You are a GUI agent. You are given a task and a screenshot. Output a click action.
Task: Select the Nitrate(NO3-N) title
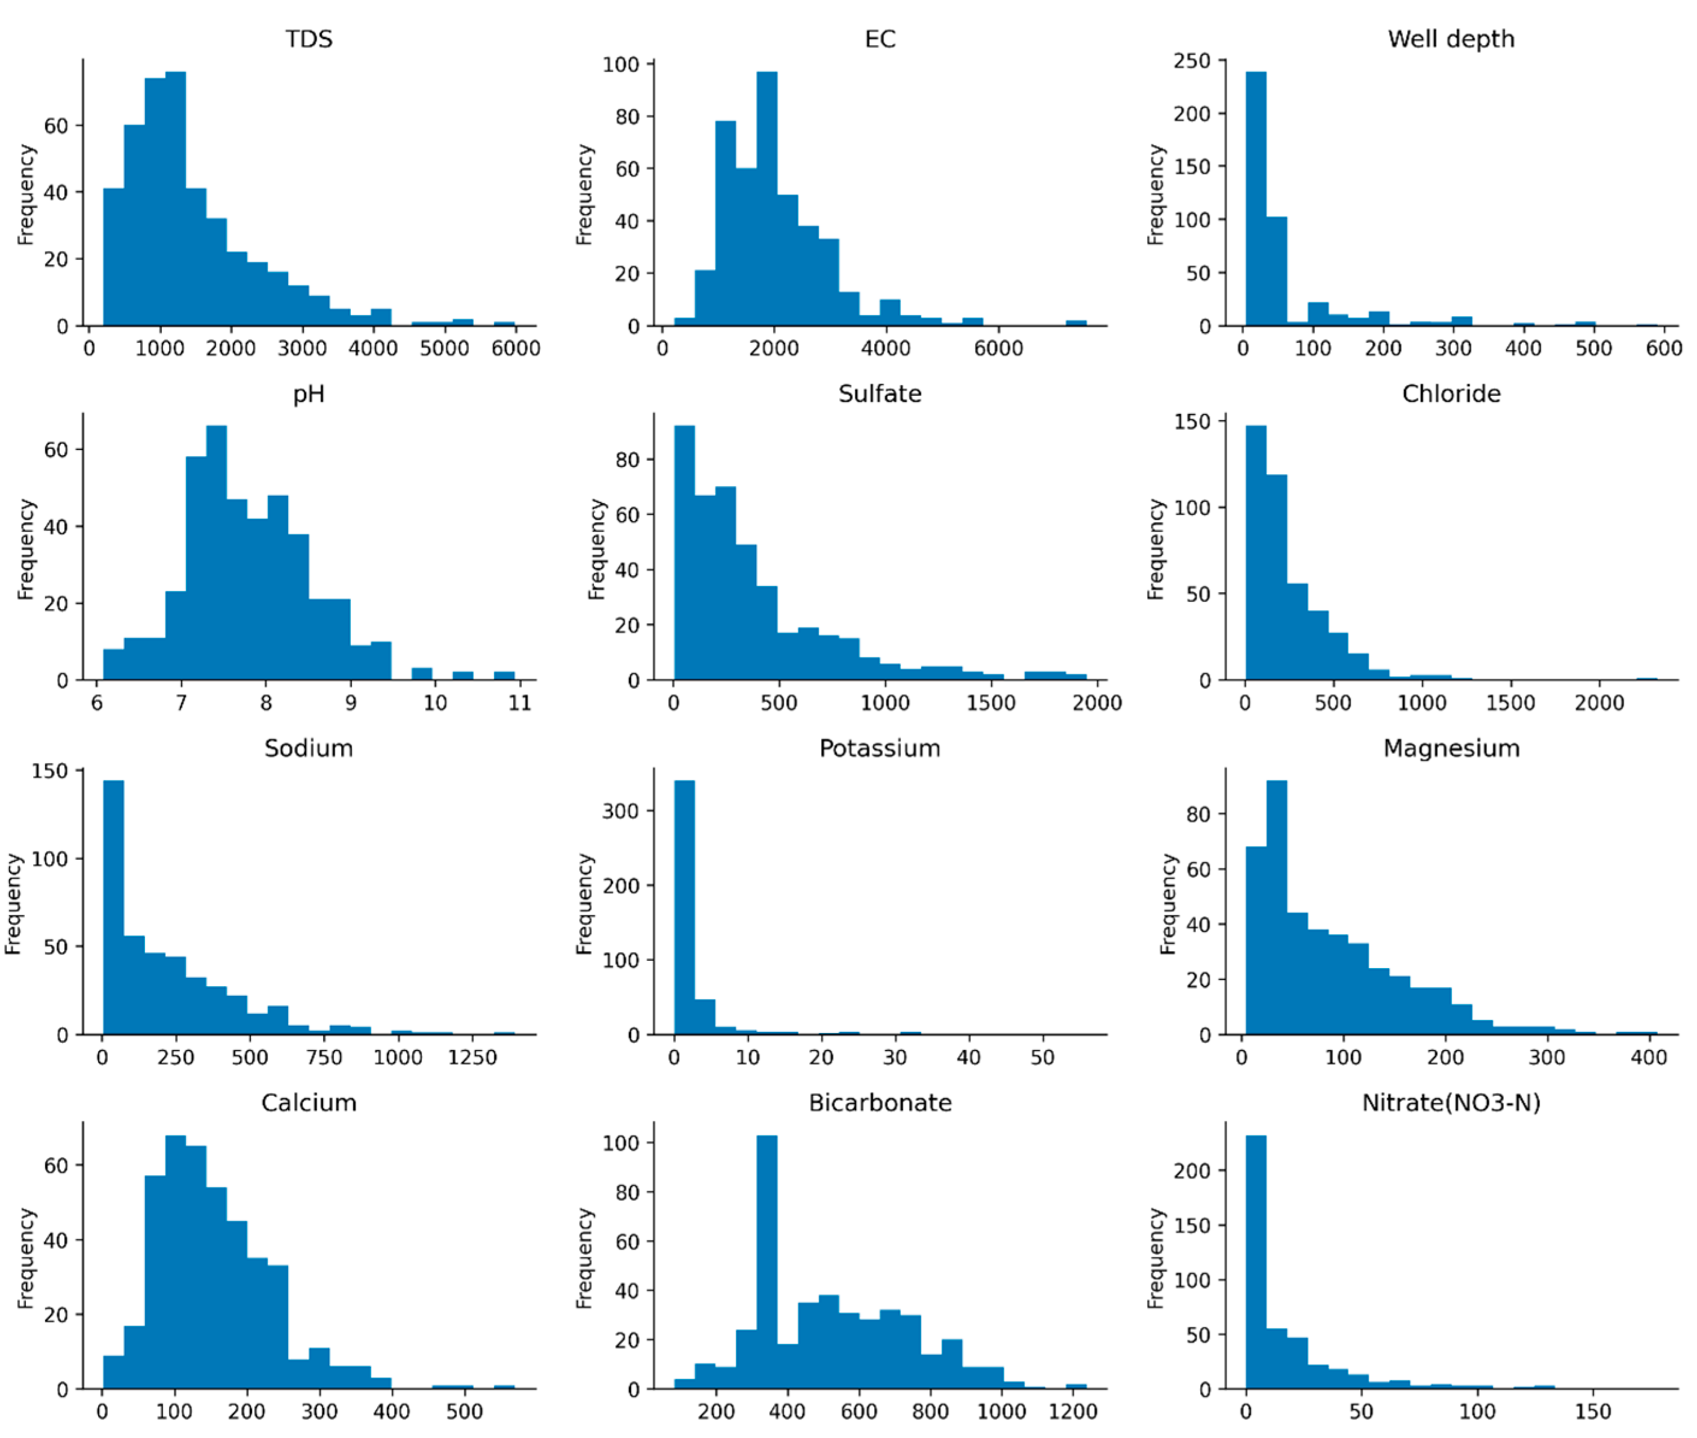[x=1451, y=1102]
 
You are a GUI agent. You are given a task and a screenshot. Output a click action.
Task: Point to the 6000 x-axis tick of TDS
[x=515, y=349]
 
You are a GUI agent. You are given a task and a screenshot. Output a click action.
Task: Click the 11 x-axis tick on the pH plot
[x=519, y=703]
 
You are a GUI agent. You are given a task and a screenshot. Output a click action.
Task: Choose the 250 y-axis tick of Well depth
[x=1192, y=61]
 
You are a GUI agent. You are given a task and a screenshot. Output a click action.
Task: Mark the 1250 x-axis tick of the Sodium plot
[x=472, y=1057]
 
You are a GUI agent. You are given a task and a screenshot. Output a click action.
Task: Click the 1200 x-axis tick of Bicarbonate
[x=1073, y=1411]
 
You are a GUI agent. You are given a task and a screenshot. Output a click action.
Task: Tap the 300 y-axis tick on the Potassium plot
[x=620, y=811]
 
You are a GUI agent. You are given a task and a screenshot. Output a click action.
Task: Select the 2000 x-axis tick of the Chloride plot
[x=1598, y=703]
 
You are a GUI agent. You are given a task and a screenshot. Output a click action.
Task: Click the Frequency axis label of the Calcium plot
[x=26, y=1258]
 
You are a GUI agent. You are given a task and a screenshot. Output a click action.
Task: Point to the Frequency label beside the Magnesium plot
[x=1168, y=903]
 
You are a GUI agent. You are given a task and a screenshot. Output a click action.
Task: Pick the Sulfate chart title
[x=879, y=393]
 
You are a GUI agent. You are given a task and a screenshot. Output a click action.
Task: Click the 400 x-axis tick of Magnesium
[x=1648, y=1057]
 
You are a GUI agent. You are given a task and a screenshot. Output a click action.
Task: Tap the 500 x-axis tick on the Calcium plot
[x=464, y=1411]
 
